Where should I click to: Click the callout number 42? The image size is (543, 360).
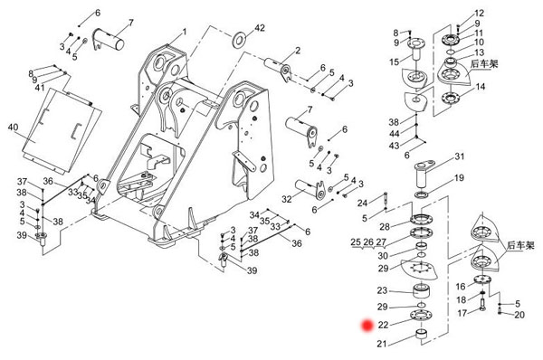coord(260,28)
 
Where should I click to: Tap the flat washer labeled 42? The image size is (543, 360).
coord(239,40)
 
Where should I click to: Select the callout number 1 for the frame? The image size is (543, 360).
coord(185,32)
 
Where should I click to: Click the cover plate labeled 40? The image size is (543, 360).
coord(62,130)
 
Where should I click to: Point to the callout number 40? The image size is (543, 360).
coord(13,128)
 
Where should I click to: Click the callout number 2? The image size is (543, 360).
coord(298,51)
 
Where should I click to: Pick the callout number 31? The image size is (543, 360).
coord(459,156)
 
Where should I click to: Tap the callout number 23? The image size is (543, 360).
coord(382,290)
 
